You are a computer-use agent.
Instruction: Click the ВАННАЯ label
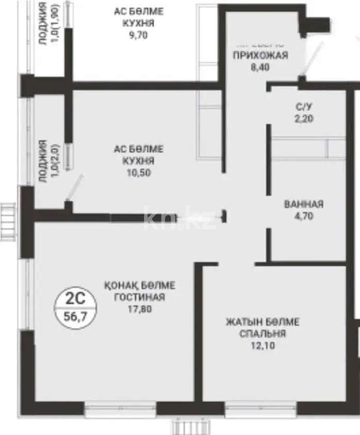coord(304,204)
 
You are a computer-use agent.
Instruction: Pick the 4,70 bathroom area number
coord(304,216)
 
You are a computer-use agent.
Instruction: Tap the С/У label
coord(304,106)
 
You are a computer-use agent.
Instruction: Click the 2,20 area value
coord(304,118)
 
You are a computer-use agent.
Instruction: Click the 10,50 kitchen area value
coord(139,173)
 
